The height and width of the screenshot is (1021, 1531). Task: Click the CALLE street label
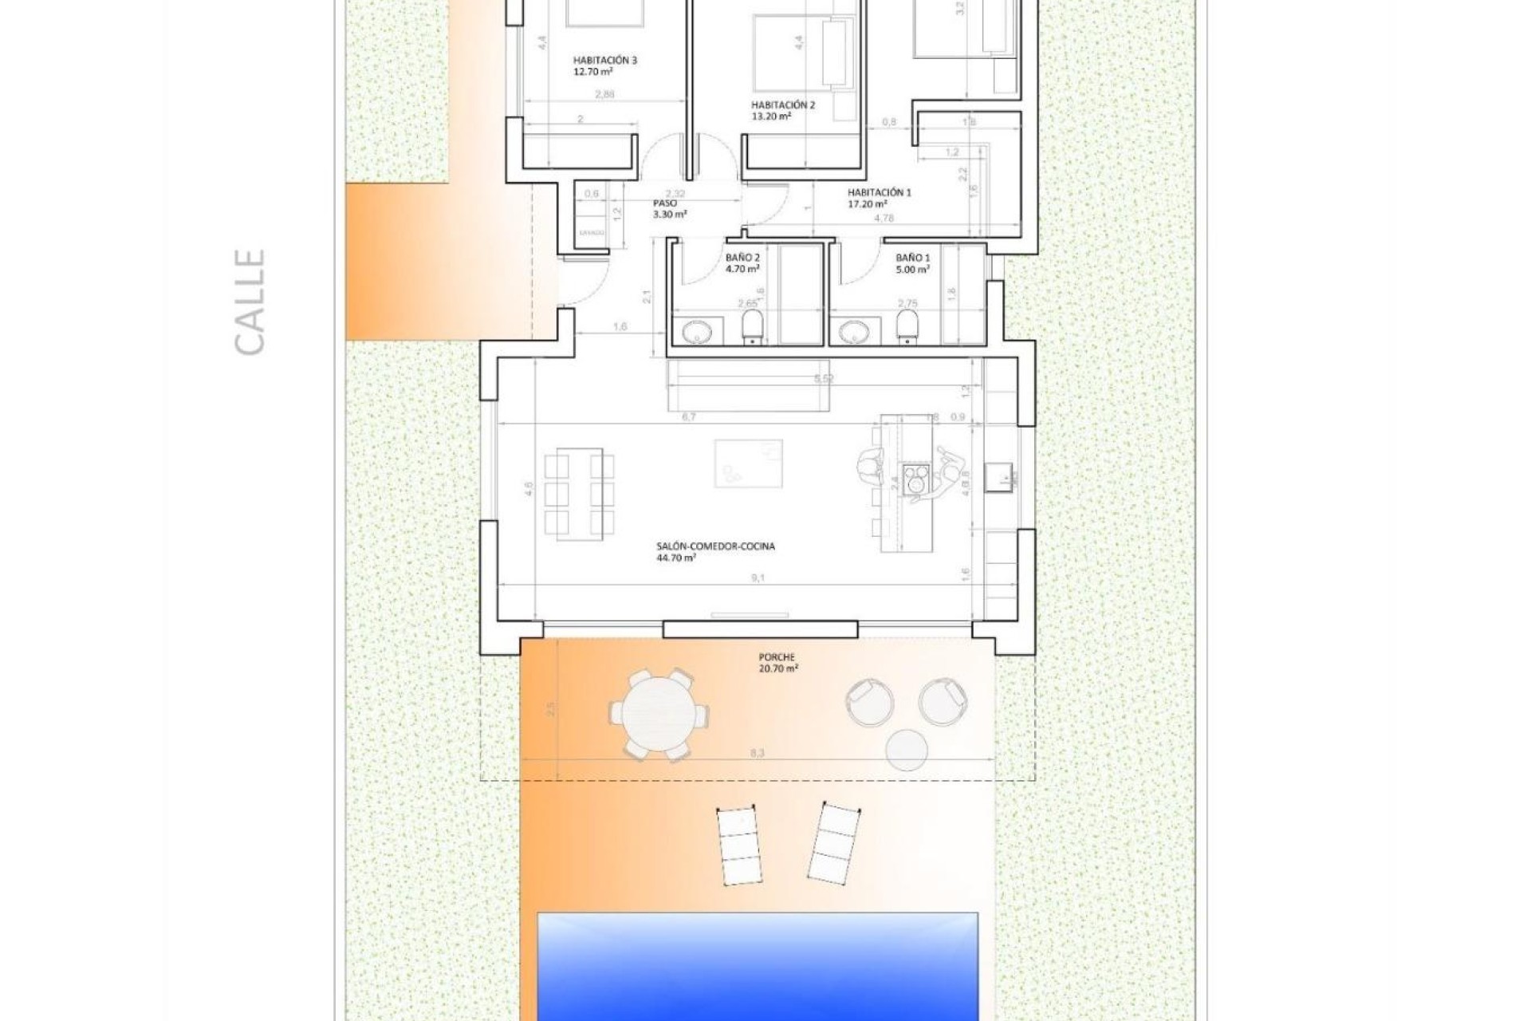(x=250, y=302)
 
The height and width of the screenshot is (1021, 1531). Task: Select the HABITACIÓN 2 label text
(x=782, y=110)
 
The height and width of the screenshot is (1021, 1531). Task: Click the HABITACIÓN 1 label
(x=879, y=198)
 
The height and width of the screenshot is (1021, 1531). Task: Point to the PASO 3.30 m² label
(x=669, y=209)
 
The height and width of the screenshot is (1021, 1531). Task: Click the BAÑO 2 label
(x=742, y=263)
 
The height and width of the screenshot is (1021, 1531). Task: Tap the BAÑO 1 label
(x=912, y=263)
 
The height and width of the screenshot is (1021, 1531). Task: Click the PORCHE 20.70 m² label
(x=777, y=664)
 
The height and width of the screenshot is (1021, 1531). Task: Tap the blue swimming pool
(x=758, y=965)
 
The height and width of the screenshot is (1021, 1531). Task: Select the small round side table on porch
(x=907, y=751)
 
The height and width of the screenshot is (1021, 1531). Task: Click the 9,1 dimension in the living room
(x=757, y=578)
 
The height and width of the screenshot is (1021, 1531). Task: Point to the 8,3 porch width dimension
(x=758, y=751)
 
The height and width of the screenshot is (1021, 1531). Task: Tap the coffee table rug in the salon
(x=748, y=463)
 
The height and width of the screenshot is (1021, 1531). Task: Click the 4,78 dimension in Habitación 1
(x=882, y=218)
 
